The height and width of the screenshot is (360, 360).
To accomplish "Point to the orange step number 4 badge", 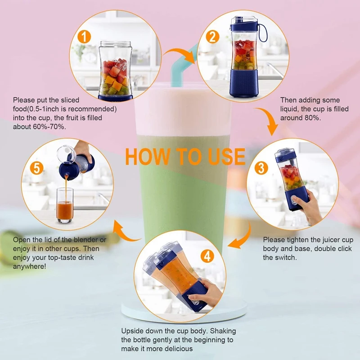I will coord(207,256).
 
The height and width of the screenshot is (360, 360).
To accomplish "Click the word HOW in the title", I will coord(144,156).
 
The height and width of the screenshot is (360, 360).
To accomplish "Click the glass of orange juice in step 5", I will coord(65,206).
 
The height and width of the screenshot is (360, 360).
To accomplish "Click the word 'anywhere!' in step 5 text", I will coord(30,266).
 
